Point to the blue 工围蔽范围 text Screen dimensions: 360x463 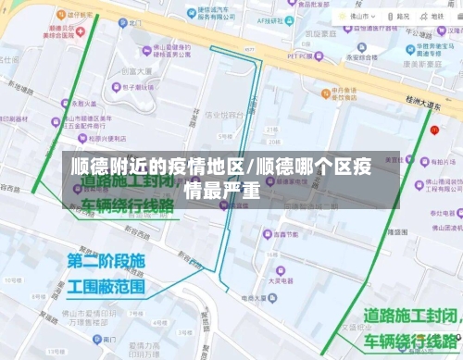pos(106,286)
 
